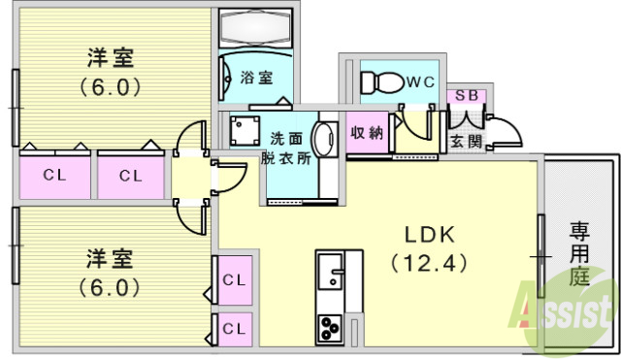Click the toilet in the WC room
[379, 82]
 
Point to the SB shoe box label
[465, 97]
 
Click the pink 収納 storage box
[368, 134]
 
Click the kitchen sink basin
[331, 271]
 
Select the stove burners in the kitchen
[329, 328]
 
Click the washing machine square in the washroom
[243, 130]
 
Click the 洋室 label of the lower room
[108, 259]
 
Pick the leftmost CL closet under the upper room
[54, 176]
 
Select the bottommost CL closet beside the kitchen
[234, 328]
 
